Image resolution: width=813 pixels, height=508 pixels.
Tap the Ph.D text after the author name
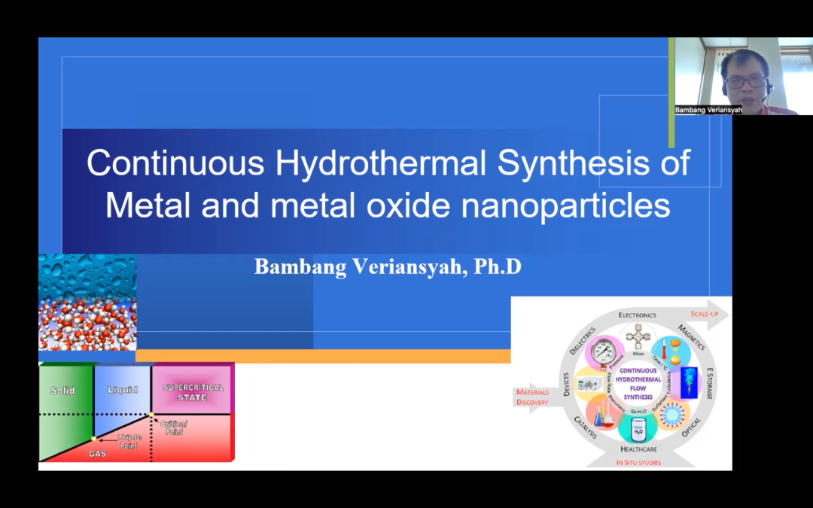tap(498, 267)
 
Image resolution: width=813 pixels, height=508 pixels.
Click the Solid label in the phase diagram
tap(62, 391)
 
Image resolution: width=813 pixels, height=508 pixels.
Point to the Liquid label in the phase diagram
tap(123, 390)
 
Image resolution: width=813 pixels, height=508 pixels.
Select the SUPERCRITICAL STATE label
tap(193, 392)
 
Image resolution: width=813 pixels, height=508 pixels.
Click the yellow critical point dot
tap(151, 414)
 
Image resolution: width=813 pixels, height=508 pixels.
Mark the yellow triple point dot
tap(93, 438)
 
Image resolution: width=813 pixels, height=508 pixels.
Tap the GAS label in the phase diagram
tap(97, 454)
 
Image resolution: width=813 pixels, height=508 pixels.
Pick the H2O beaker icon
tap(637, 430)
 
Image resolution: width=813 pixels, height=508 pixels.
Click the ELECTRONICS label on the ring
tap(637, 315)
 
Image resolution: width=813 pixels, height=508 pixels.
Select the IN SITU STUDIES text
tap(638, 462)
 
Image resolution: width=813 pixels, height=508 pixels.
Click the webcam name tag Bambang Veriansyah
tap(708, 110)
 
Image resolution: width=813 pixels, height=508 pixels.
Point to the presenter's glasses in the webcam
tap(745, 81)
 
